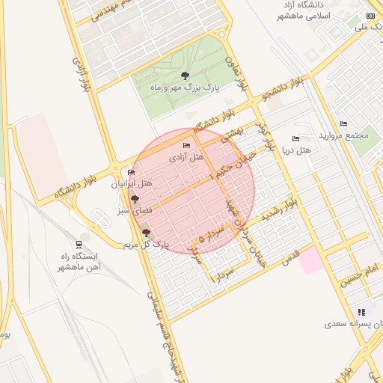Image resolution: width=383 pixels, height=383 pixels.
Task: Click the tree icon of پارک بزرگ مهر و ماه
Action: (x=185, y=76)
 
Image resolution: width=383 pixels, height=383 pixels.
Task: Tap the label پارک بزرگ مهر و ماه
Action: (x=184, y=88)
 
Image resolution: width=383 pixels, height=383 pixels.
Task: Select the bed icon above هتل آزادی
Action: (x=186, y=145)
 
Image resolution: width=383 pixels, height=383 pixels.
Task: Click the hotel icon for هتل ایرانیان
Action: (x=132, y=173)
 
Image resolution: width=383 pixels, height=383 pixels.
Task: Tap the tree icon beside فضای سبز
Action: (x=135, y=199)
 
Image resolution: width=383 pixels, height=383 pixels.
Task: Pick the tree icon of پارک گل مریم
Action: (x=145, y=233)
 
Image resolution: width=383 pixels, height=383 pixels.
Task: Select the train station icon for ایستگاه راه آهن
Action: (x=80, y=245)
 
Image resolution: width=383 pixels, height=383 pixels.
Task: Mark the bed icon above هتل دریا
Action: (x=295, y=138)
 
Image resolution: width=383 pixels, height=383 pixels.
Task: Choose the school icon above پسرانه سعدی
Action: (x=362, y=312)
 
